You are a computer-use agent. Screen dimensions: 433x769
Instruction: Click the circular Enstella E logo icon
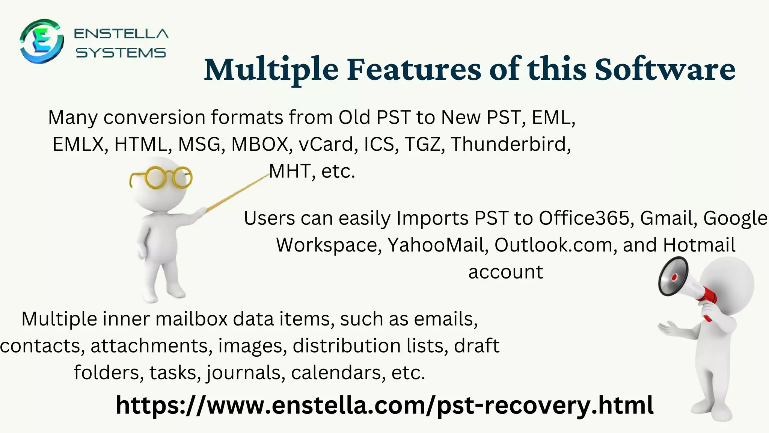[41, 41]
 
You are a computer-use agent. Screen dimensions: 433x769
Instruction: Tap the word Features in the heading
[413, 70]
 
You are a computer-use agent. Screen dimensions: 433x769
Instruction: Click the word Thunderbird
[511, 144]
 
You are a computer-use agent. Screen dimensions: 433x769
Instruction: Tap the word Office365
[584, 218]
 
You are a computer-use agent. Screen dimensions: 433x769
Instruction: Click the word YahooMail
[438, 245]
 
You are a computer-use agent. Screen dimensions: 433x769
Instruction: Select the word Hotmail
[699, 245]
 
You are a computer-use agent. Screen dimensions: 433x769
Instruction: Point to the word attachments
[149, 346]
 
